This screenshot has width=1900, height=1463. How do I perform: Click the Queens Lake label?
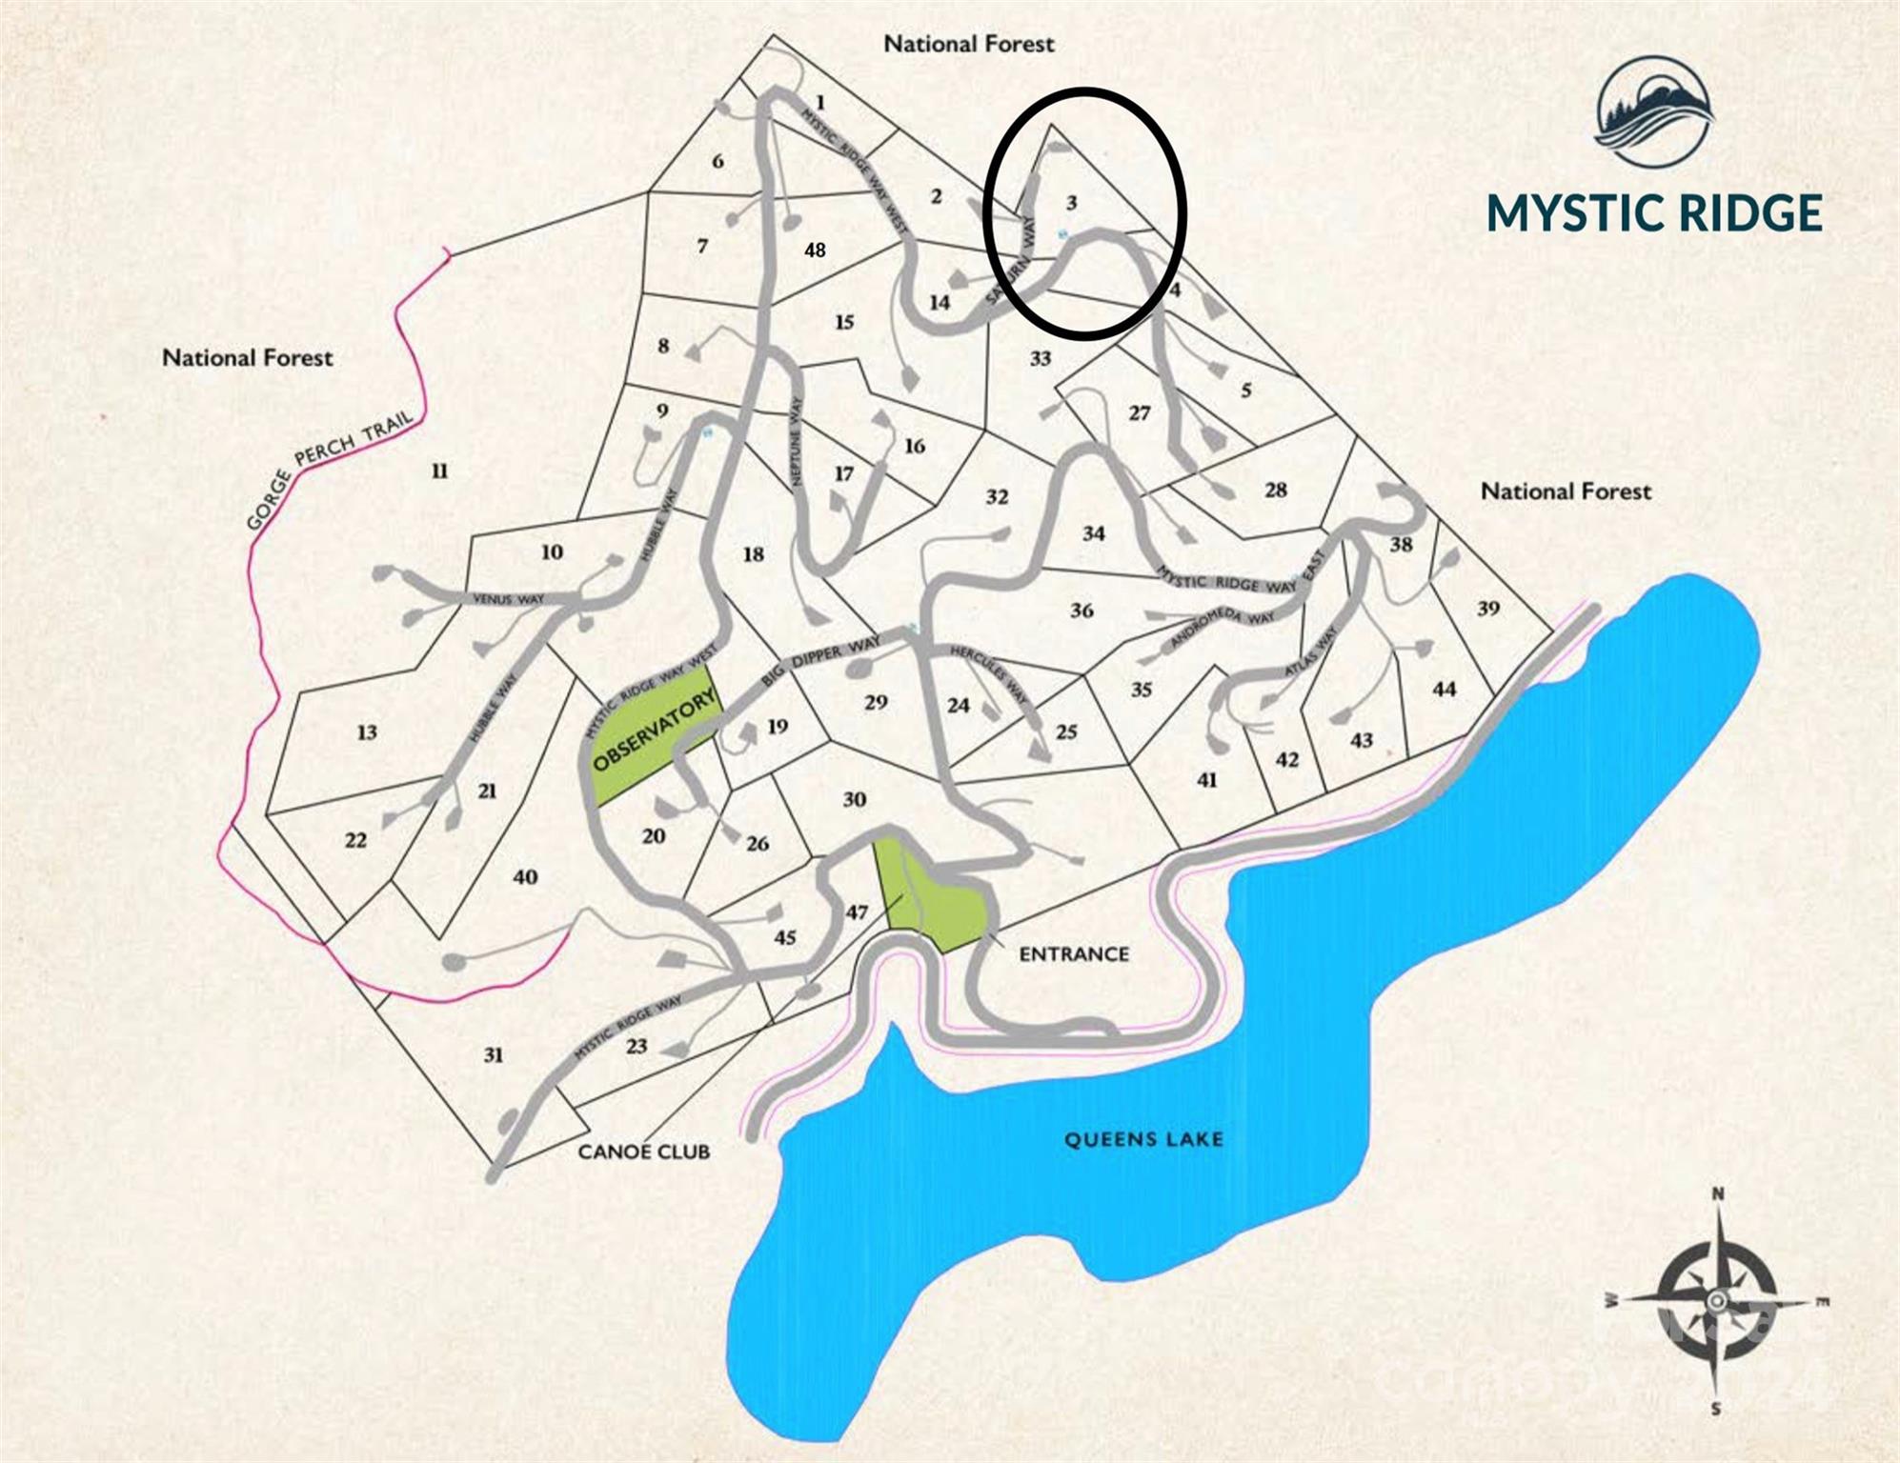click(x=1142, y=1139)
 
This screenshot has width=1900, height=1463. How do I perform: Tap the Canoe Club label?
click(x=643, y=1152)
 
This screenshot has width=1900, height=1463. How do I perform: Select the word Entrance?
click(x=1074, y=953)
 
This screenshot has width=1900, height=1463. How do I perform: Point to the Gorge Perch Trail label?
click(x=330, y=470)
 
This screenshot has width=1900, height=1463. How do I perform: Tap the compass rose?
click(x=1716, y=1300)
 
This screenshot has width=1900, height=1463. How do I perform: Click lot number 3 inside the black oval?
click(x=1072, y=203)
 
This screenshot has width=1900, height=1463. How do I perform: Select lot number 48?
click(x=815, y=251)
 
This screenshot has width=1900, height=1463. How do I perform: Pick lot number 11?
click(x=439, y=471)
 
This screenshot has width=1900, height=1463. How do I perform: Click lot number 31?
click(x=493, y=1054)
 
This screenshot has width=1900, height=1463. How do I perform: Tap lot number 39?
click(x=1488, y=609)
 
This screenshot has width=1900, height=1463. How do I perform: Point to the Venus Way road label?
click(x=508, y=599)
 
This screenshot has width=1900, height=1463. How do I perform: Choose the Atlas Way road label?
click(x=1311, y=651)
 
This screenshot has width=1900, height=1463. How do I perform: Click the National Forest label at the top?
click(x=968, y=44)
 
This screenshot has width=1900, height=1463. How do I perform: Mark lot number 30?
click(x=854, y=799)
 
